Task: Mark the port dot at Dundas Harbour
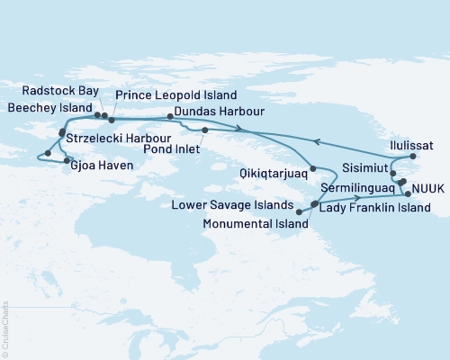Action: click(170, 116)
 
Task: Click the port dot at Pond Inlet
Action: click(205, 130)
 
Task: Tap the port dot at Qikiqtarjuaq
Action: click(312, 169)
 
